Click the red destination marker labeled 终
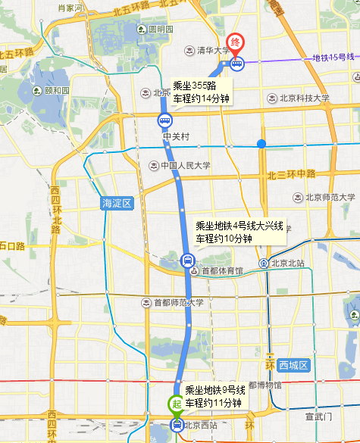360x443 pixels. [x=236, y=43]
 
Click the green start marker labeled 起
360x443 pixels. [x=176, y=404]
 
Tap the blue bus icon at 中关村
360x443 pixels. [x=164, y=120]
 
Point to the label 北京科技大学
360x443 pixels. [x=305, y=98]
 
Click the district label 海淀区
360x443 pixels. [x=117, y=203]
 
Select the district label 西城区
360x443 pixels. [x=293, y=366]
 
